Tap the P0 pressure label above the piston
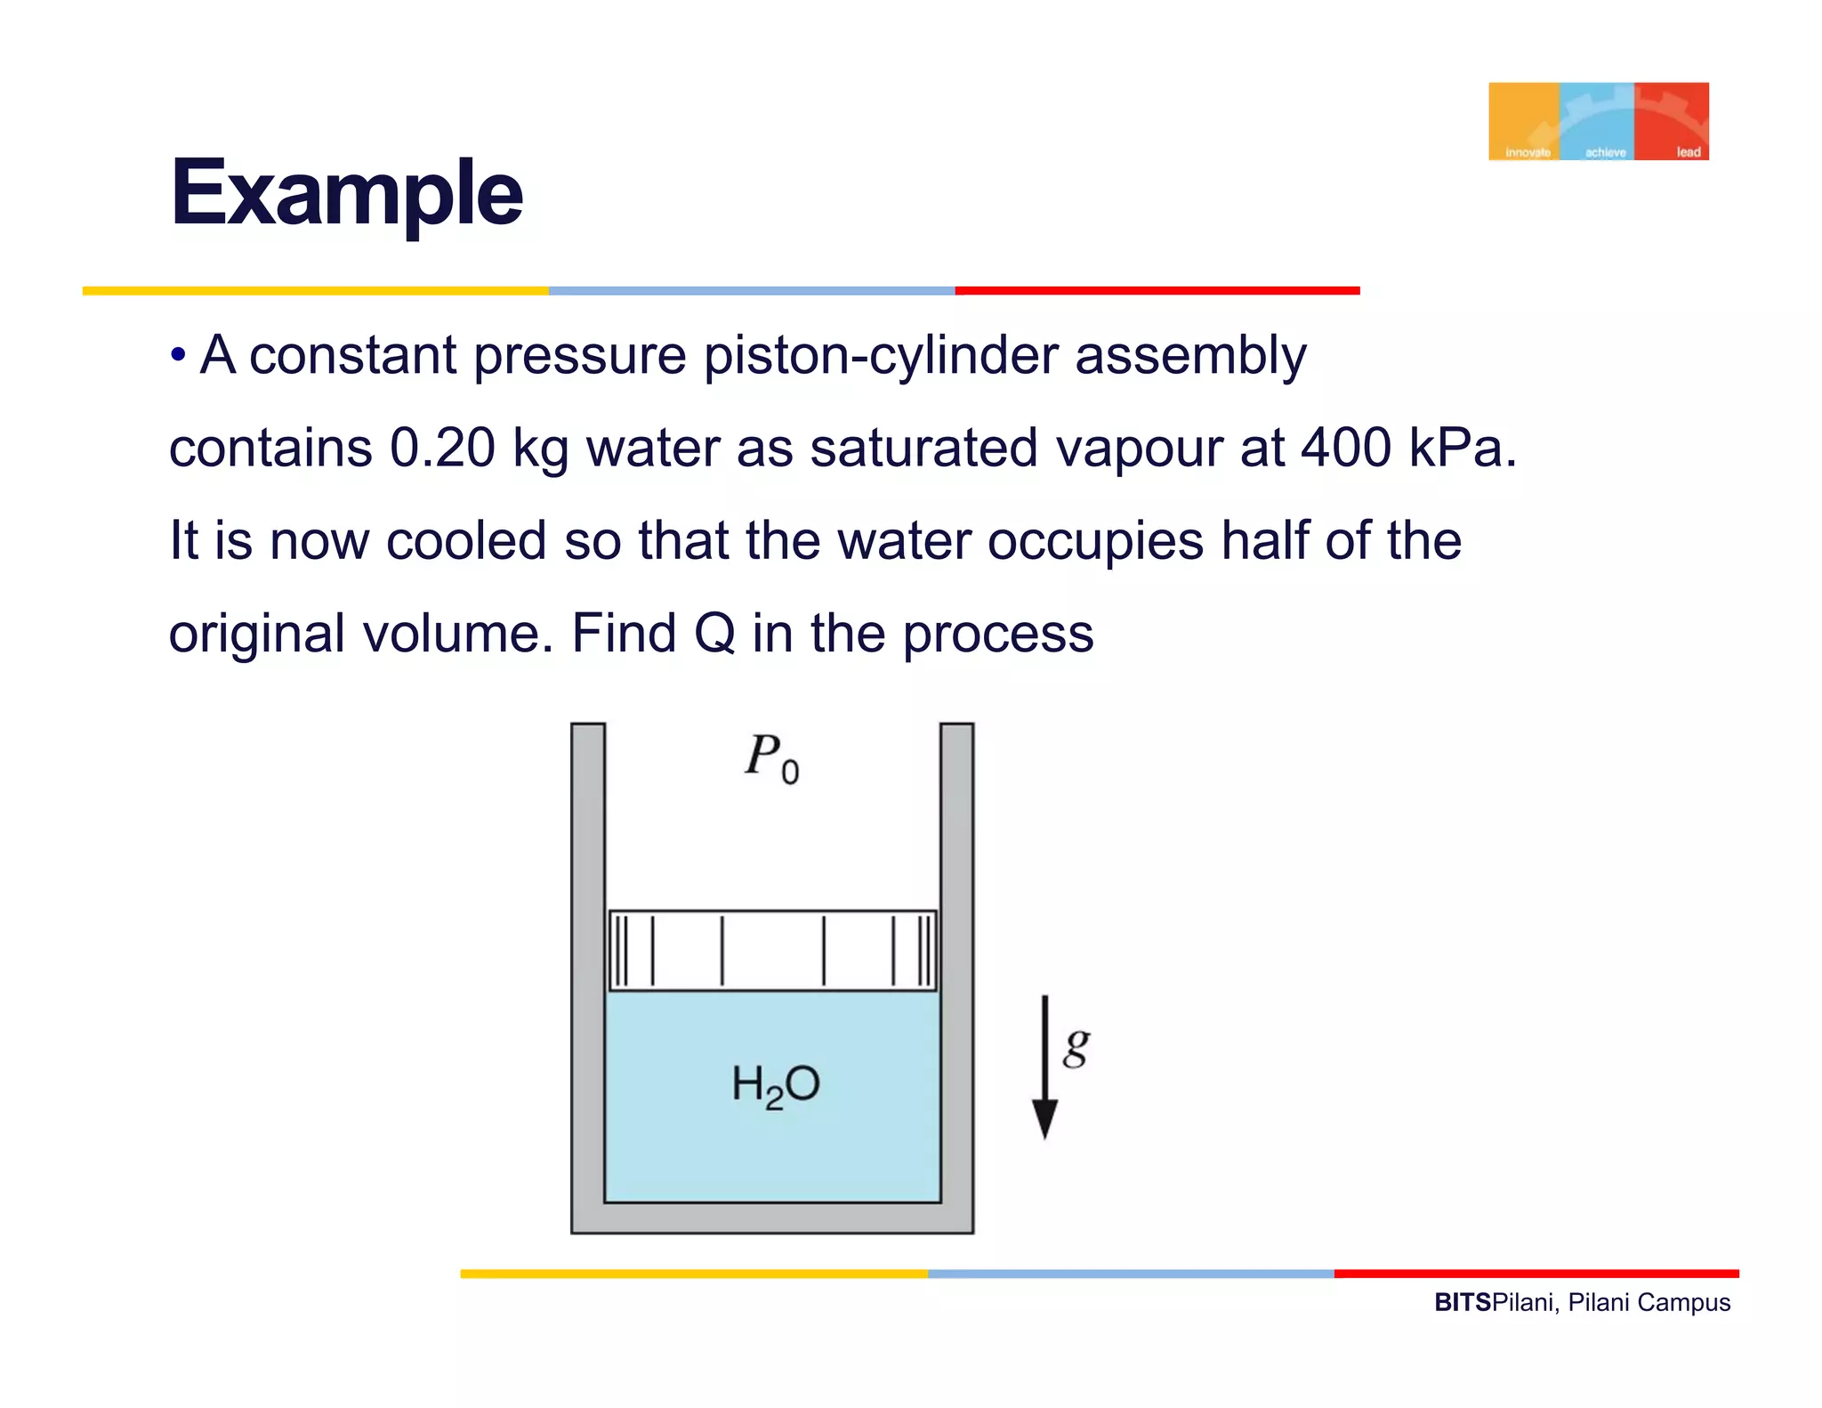point(771,758)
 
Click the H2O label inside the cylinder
point(775,1085)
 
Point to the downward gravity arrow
point(1044,1068)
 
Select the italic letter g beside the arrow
point(1076,1047)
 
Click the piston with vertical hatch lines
point(772,951)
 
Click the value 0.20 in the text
point(442,448)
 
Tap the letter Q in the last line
point(714,634)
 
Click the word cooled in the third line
point(466,541)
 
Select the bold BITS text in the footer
point(1463,1303)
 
